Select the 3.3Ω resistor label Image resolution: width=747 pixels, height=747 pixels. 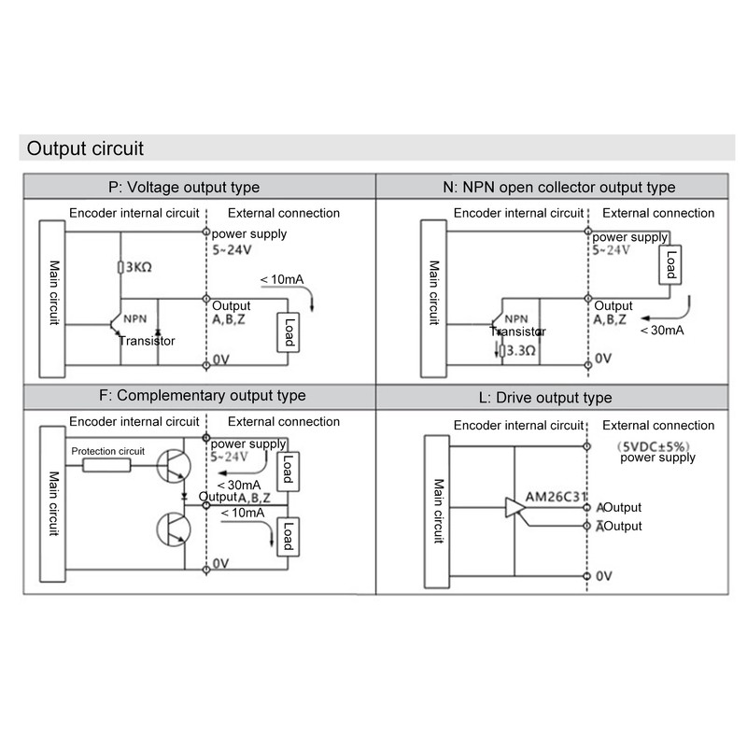(x=517, y=351)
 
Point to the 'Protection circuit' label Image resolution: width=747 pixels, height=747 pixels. (x=108, y=451)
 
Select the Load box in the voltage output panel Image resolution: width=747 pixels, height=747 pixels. (x=288, y=332)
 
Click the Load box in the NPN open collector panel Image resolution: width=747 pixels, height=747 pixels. (x=669, y=264)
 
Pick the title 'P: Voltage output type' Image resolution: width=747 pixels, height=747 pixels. (x=184, y=187)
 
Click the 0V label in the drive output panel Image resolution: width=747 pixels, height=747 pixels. (x=604, y=576)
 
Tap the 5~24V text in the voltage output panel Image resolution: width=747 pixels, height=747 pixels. (x=230, y=250)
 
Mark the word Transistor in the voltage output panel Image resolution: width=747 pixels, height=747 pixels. (x=147, y=341)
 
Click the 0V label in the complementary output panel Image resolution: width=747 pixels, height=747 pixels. (x=220, y=563)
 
